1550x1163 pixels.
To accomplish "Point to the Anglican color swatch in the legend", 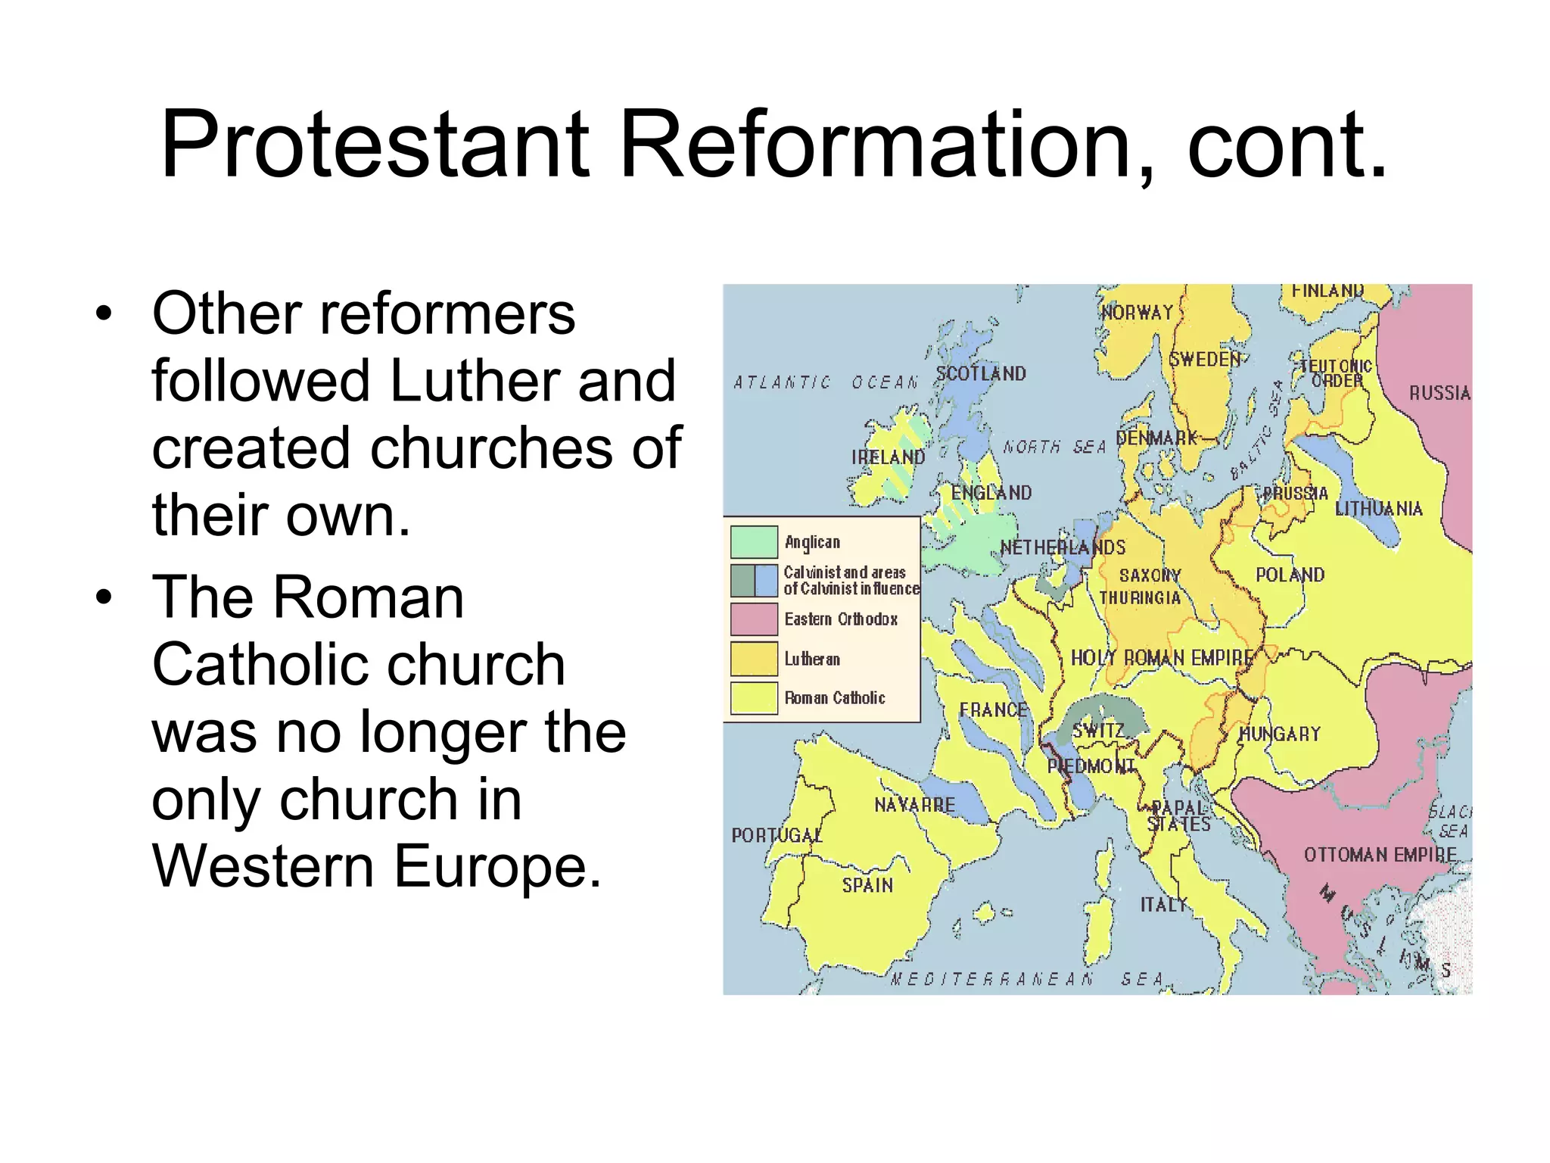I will pos(754,542).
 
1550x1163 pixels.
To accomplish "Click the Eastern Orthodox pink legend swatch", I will pos(754,619).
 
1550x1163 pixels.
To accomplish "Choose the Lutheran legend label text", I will pos(812,659).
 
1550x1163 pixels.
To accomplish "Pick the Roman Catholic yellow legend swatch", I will pos(754,698).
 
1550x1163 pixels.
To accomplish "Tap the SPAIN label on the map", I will pos(867,885).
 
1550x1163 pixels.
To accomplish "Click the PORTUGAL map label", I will pos(777,835).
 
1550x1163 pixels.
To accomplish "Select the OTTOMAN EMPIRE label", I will pos(1380,855).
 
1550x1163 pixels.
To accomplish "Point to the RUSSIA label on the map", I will pos(1439,393).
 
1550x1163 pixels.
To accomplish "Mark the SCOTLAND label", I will pos(981,373).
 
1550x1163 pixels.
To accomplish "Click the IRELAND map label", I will pos(888,457).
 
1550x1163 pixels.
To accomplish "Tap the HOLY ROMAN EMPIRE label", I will pos(1162,658).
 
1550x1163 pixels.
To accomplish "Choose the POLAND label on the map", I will pos(1290,575).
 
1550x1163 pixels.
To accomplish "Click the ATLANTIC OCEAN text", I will pos(825,383).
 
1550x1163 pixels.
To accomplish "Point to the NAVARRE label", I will pos(914,805).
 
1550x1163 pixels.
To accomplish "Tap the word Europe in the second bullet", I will pos(497,866).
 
